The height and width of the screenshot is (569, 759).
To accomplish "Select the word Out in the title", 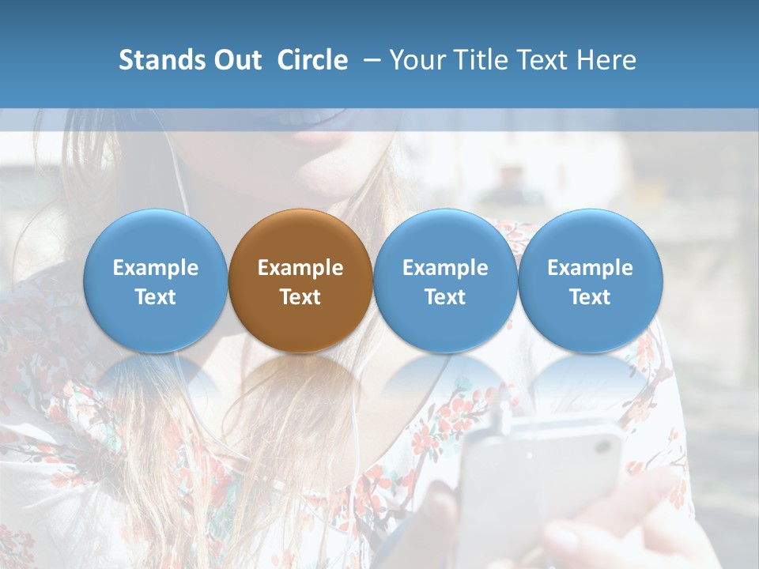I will (235, 60).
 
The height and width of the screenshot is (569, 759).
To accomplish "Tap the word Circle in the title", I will (312, 60).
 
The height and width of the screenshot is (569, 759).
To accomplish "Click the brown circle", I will (300, 281).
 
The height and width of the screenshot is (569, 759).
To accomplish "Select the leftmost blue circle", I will (156, 281).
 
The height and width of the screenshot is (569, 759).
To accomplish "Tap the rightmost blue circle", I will (590, 281).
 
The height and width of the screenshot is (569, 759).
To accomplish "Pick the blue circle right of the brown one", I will (445, 281).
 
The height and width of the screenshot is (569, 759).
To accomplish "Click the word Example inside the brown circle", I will (300, 268).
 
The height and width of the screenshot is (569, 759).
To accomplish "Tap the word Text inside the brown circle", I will (300, 297).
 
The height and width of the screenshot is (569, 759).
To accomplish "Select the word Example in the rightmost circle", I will (590, 268).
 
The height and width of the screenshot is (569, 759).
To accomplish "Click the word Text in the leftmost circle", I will (156, 297).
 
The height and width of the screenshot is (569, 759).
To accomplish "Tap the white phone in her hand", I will (538, 482).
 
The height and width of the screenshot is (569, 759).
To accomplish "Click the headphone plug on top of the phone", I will (503, 413).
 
